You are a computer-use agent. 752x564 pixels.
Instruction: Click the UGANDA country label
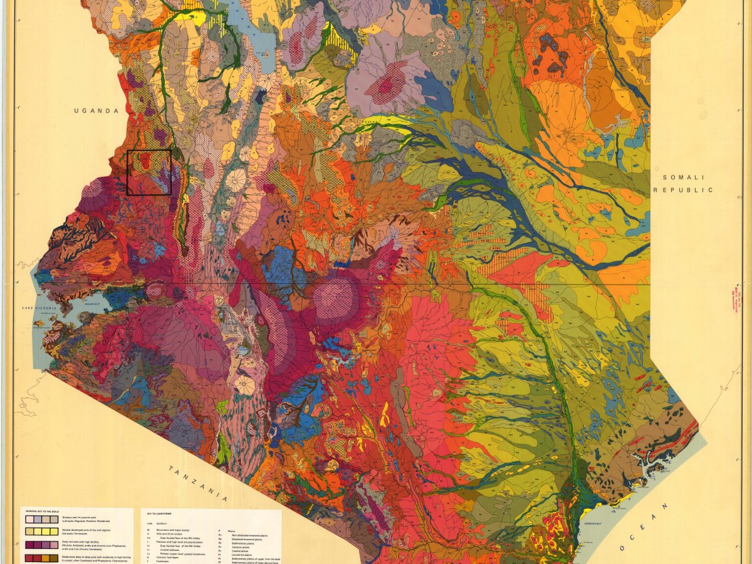96,111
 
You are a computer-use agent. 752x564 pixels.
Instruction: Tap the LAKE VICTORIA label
39,308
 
